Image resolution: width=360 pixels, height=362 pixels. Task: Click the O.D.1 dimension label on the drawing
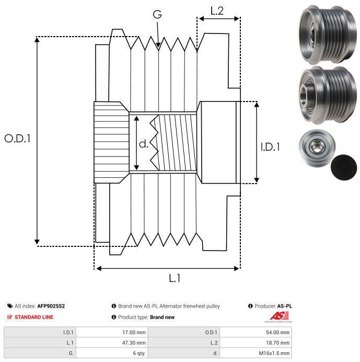[18, 139]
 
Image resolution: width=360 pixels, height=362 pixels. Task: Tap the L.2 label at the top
[217, 10]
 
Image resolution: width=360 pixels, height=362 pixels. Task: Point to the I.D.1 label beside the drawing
[270, 148]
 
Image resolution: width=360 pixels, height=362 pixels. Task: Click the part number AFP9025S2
[51, 306]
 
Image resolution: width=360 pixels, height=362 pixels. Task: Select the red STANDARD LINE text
[34, 317]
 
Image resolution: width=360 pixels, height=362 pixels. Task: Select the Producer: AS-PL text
[270, 306]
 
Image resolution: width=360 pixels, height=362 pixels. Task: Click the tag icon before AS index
[10, 306]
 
